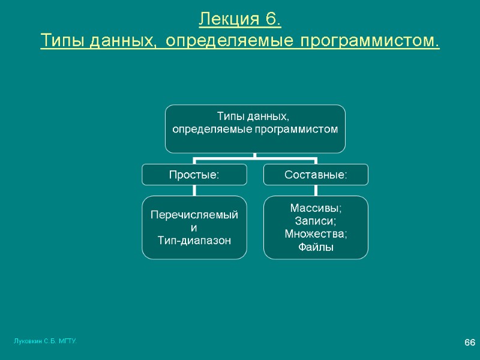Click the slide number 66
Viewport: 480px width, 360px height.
[470, 342]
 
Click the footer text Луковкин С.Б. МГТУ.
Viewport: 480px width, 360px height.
[45, 341]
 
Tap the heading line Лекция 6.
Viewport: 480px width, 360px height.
[240, 19]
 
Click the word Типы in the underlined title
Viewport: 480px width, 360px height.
[62, 41]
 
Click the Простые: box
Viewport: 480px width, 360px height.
[194, 175]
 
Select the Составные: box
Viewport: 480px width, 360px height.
[316, 175]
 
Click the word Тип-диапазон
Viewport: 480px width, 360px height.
[194, 240]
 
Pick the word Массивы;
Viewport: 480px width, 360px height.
[316, 208]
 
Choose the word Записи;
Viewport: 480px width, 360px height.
[316, 221]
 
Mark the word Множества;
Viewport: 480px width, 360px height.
[316, 234]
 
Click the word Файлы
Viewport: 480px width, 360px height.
[316, 247]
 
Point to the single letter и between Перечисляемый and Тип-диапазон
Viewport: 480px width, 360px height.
[193, 228]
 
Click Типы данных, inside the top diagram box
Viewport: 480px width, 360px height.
[255, 116]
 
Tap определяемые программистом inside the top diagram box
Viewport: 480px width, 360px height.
[255, 129]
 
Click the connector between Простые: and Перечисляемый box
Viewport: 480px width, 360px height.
[194, 190]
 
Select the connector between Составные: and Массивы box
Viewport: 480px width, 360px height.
[316, 190]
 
